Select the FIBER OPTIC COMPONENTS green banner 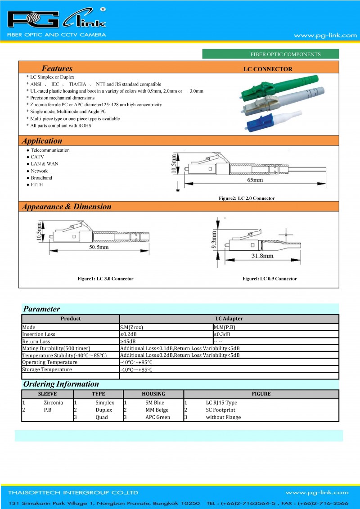(x=270, y=54)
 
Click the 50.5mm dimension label (x=99, y=248)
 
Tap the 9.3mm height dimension (x=215, y=238)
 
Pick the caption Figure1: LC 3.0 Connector (x=105, y=279)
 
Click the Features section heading (x=57, y=69)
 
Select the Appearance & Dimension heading (x=67, y=207)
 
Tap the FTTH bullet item (x=37, y=185)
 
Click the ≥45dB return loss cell (x=128, y=342)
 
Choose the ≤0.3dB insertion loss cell (x=222, y=334)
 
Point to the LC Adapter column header (x=229, y=319)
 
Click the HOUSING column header (x=153, y=394)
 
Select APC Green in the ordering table (x=157, y=417)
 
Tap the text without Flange (x=223, y=417)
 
